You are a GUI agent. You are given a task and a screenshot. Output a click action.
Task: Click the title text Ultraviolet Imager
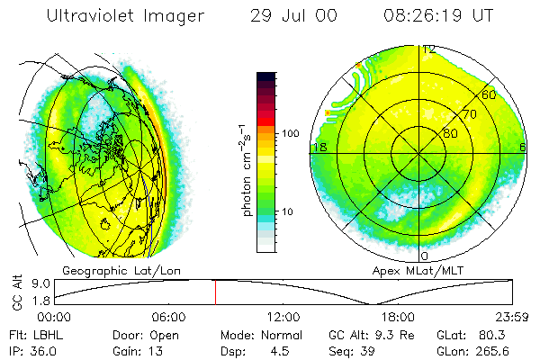pyautogui.click(x=125, y=16)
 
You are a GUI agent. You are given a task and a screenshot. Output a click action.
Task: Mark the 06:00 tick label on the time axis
pyautogui.click(x=168, y=317)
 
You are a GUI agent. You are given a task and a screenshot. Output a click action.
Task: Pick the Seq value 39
pyautogui.click(x=371, y=350)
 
